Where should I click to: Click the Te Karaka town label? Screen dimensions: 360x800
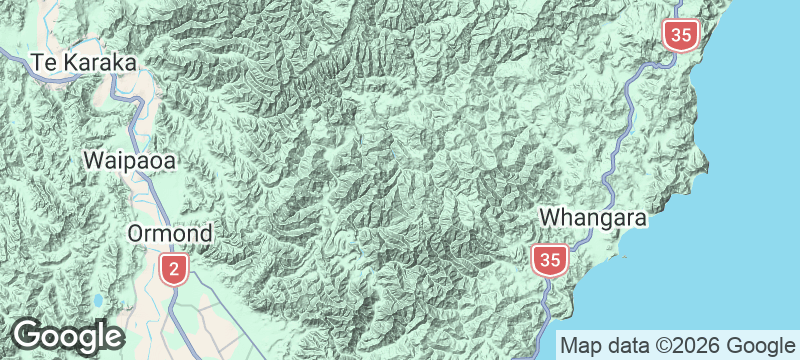click(x=83, y=62)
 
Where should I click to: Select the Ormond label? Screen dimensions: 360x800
click(x=170, y=234)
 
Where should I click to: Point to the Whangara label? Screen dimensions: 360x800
click(x=595, y=217)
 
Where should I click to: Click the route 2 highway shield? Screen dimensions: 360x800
click(x=174, y=268)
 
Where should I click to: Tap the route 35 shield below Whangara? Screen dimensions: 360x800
click(x=549, y=261)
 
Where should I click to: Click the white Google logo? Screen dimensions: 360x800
click(x=67, y=336)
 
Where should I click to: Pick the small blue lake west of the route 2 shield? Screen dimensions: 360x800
click(x=98, y=300)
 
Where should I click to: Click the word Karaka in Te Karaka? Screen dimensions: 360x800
click(x=98, y=62)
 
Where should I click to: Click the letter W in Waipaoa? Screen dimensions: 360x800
click(x=94, y=159)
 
